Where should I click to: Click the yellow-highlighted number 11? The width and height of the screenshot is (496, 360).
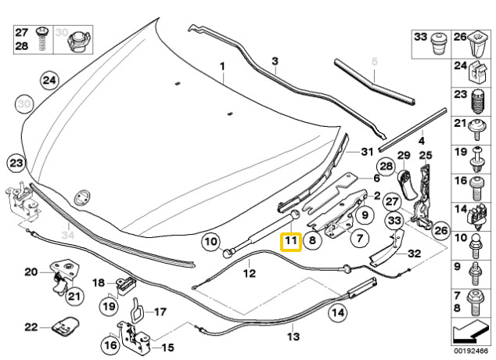tap(290, 242)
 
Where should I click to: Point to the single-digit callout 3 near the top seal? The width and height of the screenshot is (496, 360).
tap(275, 61)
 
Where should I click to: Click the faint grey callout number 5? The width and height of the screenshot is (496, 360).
tap(374, 61)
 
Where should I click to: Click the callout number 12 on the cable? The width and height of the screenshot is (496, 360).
tap(250, 274)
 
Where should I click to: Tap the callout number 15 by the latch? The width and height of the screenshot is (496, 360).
tap(167, 347)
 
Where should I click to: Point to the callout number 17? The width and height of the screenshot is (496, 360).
tap(160, 311)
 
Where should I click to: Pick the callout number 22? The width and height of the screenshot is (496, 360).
tap(31, 327)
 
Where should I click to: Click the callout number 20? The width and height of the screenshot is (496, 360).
tap(31, 272)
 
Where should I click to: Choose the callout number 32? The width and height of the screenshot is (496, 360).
tap(415, 254)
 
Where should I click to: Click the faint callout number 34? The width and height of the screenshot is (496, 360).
tap(67, 234)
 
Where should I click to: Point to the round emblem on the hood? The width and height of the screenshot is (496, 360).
tap(81, 197)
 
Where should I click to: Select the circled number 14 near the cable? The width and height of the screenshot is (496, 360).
tap(337, 314)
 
